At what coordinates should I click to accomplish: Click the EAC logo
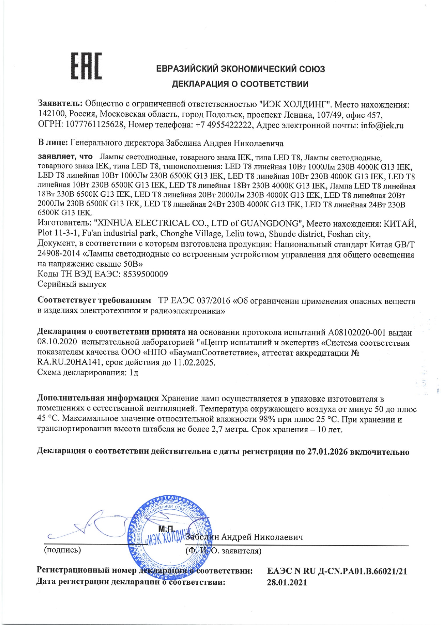point(87,66)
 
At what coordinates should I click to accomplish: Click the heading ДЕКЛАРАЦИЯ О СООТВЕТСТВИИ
point(240,84)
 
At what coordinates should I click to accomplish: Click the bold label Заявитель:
point(61,104)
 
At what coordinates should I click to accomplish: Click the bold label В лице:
point(53,143)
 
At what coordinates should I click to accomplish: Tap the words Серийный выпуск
point(72,284)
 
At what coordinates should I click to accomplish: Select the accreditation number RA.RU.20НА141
point(70,363)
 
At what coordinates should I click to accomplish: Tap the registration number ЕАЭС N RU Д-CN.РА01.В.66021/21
point(337,571)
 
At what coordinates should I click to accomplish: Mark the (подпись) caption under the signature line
point(62,550)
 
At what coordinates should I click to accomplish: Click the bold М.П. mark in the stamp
point(166,529)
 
